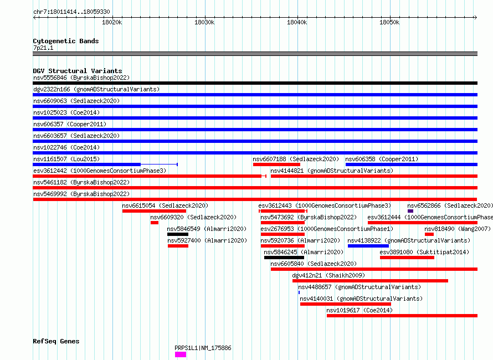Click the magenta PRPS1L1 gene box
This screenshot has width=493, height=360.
point(181,354)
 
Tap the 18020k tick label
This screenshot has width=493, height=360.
point(112,22)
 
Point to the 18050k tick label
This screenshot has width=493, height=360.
point(389,22)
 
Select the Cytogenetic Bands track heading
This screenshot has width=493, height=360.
point(66,41)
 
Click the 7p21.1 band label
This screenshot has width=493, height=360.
point(43,48)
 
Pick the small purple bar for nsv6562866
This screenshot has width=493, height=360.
point(410,211)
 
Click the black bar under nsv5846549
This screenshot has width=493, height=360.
point(178,234)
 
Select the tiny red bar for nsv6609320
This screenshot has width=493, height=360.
point(155,223)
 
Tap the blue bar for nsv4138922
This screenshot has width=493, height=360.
point(368,246)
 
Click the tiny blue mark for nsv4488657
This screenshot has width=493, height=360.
point(299,292)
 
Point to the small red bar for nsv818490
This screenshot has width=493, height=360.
point(429,234)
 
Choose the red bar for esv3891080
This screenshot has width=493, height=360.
point(407,258)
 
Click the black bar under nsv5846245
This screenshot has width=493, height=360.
point(284,258)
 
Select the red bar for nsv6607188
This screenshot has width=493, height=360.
point(276,164)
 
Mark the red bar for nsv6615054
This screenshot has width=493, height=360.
point(154,211)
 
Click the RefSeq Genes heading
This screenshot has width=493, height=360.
point(56,341)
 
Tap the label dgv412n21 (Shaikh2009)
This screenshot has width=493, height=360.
point(328,275)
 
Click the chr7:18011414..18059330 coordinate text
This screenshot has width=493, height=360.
point(71,12)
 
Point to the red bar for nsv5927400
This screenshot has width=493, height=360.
point(178,246)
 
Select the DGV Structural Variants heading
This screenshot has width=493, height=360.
point(78,71)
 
